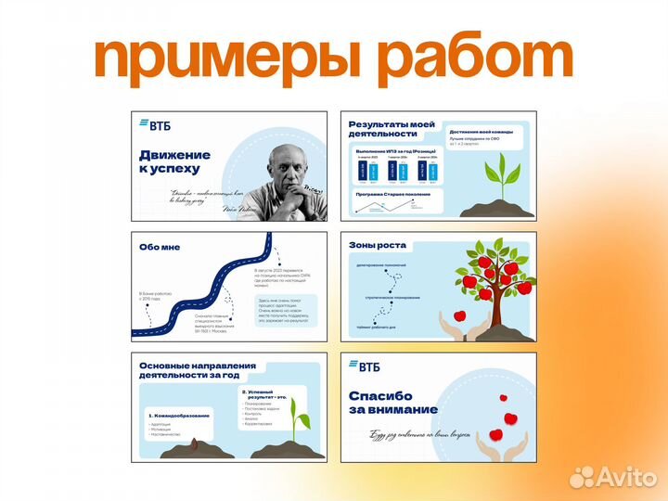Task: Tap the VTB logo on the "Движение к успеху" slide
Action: point(155,124)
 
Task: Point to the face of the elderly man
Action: point(289,168)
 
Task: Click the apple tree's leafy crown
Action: point(490,269)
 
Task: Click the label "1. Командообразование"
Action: point(179,415)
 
